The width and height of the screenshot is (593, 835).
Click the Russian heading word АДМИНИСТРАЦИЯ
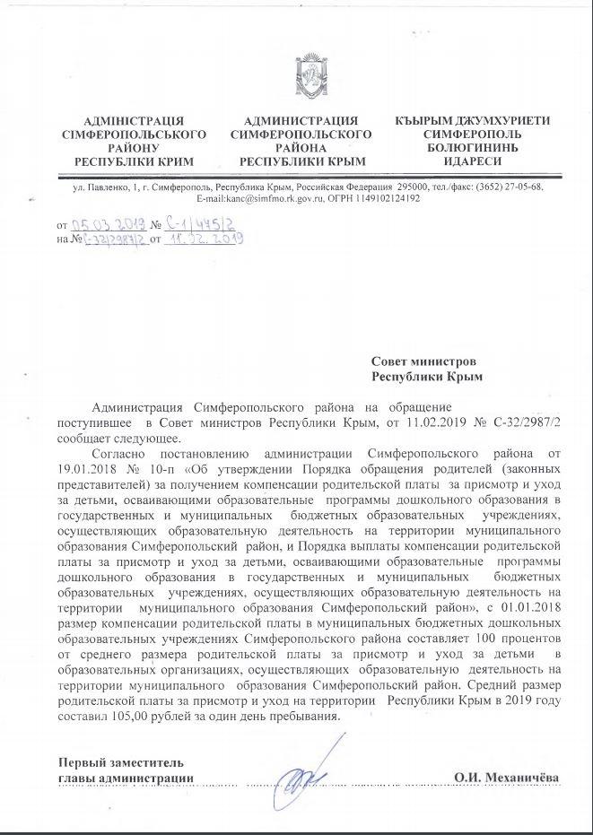(301, 121)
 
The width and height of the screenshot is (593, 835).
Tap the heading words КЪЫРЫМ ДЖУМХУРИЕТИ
(473, 121)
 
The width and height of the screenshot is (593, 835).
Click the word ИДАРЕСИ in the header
(473, 161)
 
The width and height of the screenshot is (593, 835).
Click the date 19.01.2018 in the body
(89, 468)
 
